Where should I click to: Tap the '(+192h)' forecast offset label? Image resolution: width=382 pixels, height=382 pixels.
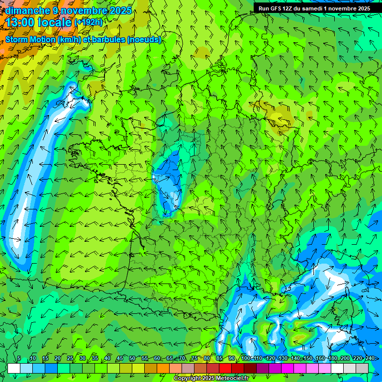[x=88, y=22]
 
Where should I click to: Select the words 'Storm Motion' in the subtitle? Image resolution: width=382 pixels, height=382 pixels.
[x=30, y=39]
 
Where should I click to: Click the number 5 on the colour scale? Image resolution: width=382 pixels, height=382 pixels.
[x=18, y=359]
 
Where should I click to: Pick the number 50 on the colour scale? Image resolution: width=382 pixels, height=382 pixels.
[x=132, y=359]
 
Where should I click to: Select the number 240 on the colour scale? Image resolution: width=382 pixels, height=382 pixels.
[x=370, y=359]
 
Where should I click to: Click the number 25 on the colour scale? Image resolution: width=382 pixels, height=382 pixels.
[x=69, y=359]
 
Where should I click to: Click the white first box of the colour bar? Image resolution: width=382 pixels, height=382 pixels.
[x=14, y=368]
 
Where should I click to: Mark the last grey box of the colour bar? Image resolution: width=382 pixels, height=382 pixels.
[x=362, y=368]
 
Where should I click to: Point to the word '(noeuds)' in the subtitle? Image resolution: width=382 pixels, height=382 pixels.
[x=144, y=39]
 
